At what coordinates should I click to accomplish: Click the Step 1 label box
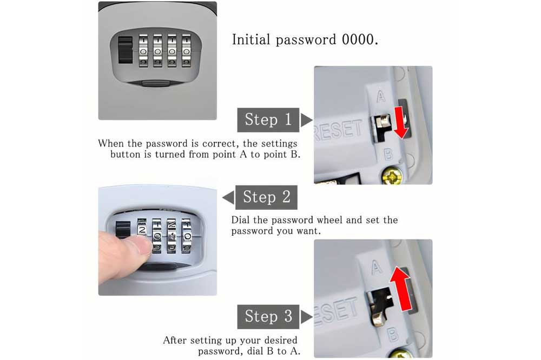click(x=268, y=119)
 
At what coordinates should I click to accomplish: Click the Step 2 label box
click(x=266, y=197)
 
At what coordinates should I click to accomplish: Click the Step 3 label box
click(x=268, y=317)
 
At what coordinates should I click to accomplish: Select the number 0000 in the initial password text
click(x=358, y=39)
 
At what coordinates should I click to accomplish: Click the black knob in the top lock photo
click(x=125, y=50)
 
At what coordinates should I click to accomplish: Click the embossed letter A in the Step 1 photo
click(x=380, y=97)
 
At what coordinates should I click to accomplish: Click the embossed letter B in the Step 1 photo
click(x=388, y=154)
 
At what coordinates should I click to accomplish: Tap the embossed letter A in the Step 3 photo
click(x=377, y=267)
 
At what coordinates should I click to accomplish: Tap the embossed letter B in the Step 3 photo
click(x=393, y=334)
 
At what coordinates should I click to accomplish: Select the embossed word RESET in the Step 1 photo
click(x=339, y=131)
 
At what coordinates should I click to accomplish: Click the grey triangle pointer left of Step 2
click(x=228, y=198)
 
